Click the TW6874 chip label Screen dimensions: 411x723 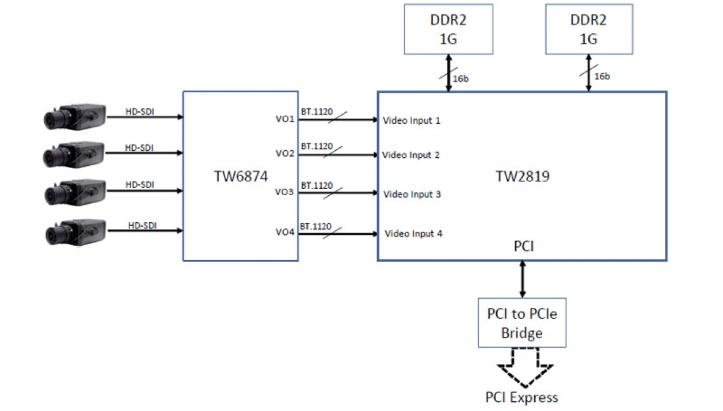click(241, 177)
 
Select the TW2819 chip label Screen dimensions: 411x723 click(522, 177)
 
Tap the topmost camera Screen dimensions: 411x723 click(74, 117)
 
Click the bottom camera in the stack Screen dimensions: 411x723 click(74, 231)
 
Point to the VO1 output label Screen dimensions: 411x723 click(286, 120)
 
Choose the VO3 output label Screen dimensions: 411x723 click(286, 192)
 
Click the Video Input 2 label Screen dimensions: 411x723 click(411, 155)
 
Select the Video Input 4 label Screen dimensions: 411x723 click(413, 234)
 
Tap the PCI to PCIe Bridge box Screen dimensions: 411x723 click(522, 322)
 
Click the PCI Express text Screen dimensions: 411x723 click(522, 397)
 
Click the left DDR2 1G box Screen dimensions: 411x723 click(448, 29)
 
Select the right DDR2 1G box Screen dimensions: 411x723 click(588, 29)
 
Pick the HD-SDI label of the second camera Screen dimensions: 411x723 click(140, 147)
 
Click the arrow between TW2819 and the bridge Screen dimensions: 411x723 click(522, 279)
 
